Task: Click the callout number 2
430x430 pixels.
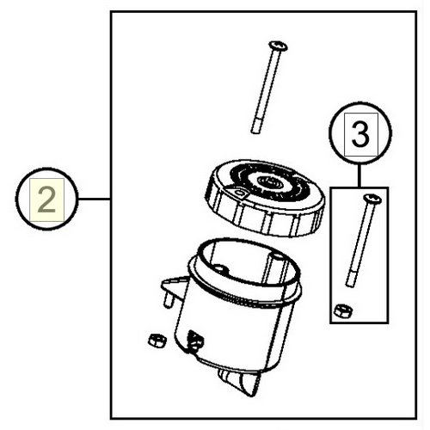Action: click(x=46, y=200)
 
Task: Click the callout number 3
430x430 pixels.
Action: click(x=360, y=134)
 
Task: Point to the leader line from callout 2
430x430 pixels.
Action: click(x=95, y=199)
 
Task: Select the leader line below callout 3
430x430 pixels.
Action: click(x=359, y=175)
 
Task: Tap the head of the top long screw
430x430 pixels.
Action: click(x=278, y=46)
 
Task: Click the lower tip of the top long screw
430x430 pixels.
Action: click(x=255, y=132)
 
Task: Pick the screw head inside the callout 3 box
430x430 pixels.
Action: click(x=372, y=199)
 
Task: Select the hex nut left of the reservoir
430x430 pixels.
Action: click(x=157, y=341)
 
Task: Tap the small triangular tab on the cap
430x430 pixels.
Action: click(x=236, y=192)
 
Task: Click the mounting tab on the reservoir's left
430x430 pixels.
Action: click(x=175, y=286)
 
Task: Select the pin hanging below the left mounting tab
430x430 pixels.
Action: click(x=169, y=300)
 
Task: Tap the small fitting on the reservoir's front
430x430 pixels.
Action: click(x=195, y=341)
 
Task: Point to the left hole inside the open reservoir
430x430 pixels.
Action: click(x=220, y=269)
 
